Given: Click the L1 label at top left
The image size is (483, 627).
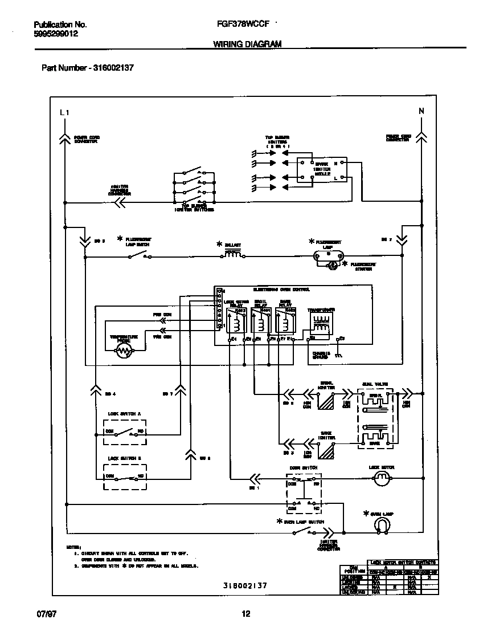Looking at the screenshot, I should pos(64,113).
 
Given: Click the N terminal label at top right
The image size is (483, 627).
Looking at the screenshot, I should pos(421,112).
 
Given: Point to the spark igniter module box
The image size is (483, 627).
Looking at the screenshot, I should pos(319,170).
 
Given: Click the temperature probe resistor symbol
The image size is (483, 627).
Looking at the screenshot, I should pos(123,352).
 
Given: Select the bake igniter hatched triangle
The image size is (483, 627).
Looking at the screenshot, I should pos(326,451).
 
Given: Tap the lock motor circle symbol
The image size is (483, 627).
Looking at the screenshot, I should pos(380,481).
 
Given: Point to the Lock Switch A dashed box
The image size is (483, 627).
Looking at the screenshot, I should pos(124,431).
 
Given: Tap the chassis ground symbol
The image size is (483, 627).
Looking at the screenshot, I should pos(338,355).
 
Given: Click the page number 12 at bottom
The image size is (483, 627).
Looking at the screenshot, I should pos(246,614).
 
